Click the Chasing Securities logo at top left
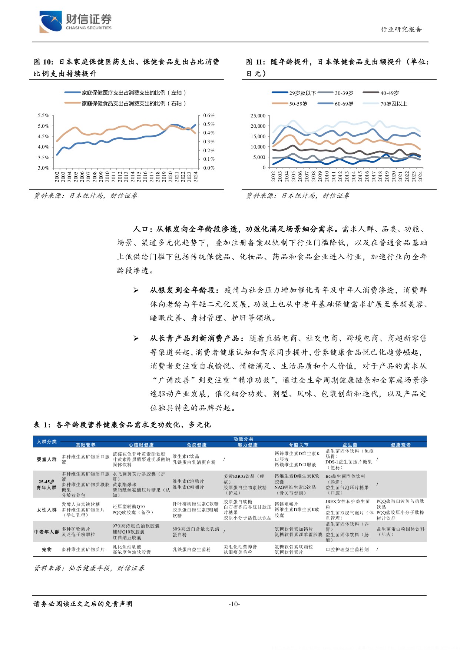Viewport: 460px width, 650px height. pyautogui.click(x=75, y=21)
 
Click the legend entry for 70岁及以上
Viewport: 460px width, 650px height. pyautogui.click(x=393, y=104)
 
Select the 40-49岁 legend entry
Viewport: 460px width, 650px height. pyautogui.click(x=389, y=93)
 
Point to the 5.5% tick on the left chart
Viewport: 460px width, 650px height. pyautogui.click(x=43, y=116)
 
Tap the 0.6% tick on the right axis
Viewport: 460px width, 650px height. pyautogui.click(x=209, y=116)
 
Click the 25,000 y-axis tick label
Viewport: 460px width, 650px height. pyautogui.click(x=258, y=116)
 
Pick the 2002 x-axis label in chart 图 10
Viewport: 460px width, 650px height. pyautogui.click(x=57, y=176)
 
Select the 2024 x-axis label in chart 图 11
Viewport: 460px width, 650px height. pyautogui.click(x=420, y=176)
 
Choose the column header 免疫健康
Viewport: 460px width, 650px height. pyautogui.click(x=196, y=445)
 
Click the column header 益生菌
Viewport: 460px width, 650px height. pyautogui.click(x=350, y=445)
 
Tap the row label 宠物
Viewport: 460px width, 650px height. pyautogui.click(x=47, y=549)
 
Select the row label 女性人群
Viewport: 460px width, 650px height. pyautogui.click(x=47, y=510)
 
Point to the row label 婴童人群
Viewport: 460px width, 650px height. pyautogui.click(x=47, y=459)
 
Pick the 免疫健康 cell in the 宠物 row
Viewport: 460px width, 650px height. pyautogui.click(x=191, y=549)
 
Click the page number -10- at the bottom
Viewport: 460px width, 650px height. pyautogui.click(x=234, y=604)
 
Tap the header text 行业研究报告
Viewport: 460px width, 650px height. pyautogui.click(x=401, y=30)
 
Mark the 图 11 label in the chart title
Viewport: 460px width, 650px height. pyautogui.click(x=255, y=62)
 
